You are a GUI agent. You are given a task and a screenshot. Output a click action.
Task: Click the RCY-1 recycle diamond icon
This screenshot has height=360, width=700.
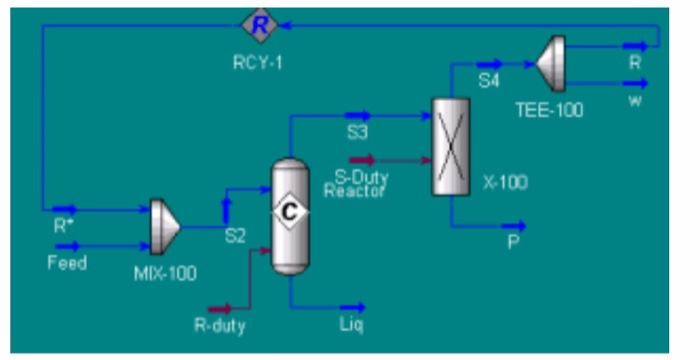[x=259, y=26]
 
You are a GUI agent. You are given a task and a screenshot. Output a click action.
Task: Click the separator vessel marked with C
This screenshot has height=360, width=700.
[x=290, y=215]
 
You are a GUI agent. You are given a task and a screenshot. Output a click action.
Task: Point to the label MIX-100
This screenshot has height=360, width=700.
[x=165, y=272]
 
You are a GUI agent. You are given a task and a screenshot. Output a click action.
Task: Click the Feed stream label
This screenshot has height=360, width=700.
[x=67, y=264]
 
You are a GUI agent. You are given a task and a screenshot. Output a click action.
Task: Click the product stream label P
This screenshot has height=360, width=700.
[x=514, y=242]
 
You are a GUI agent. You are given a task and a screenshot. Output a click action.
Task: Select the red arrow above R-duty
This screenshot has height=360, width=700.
[x=220, y=307]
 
